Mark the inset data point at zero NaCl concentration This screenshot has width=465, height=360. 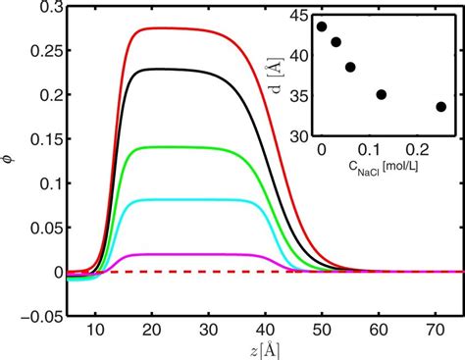(x=322, y=26)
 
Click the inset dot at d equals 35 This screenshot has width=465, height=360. (x=382, y=95)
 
